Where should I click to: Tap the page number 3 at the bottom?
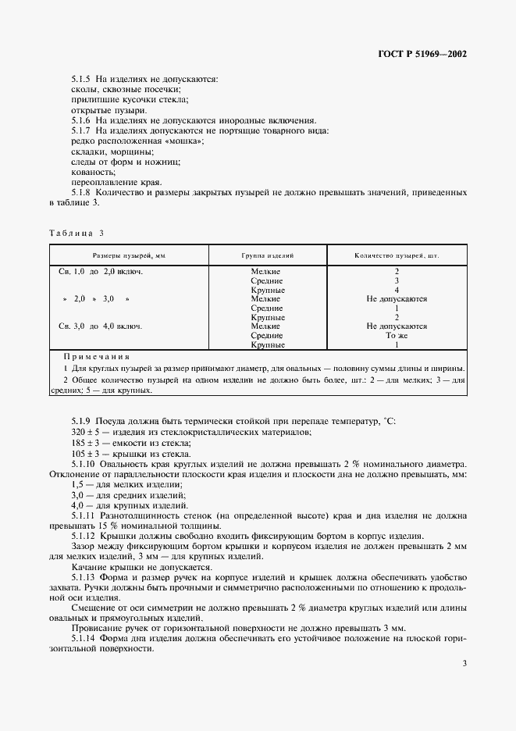(464, 664)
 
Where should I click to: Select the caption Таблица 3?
(76, 234)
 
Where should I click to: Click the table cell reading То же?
(397, 335)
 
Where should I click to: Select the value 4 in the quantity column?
(397, 290)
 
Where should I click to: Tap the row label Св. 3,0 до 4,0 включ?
(101, 326)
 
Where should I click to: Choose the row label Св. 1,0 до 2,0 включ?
(101, 271)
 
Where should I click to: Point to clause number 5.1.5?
(81, 79)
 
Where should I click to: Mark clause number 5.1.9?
(81, 422)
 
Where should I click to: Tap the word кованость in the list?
(92, 171)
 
